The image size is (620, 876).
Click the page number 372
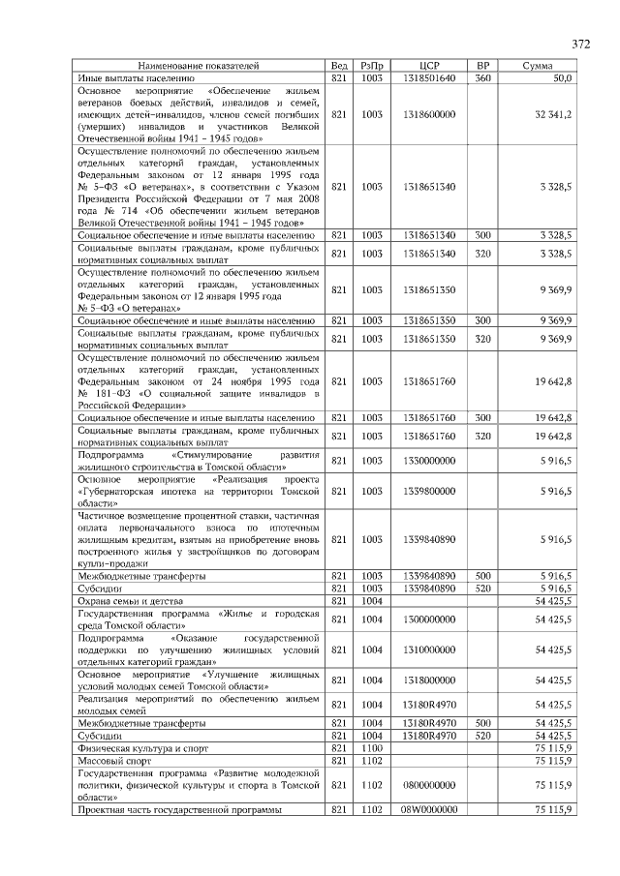[580, 45]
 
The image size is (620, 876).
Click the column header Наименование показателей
[198, 65]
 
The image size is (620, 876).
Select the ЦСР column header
[429, 65]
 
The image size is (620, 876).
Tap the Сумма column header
[537, 65]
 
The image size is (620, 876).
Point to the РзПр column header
[372, 65]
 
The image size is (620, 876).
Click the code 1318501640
[429, 76]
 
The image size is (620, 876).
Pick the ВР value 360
[482, 76]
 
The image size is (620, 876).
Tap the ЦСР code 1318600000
[429, 114]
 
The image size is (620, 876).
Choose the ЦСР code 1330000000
[429, 461]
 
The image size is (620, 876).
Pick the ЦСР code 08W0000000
[429, 810]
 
